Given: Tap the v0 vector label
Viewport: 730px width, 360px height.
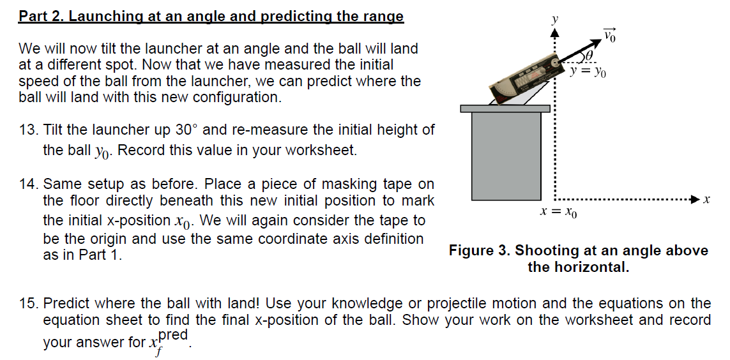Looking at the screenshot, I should pos(611,33).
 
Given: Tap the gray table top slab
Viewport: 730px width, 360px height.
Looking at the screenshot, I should pos(505,108).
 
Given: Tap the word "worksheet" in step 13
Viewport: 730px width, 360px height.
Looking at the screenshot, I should pos(317,151).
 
